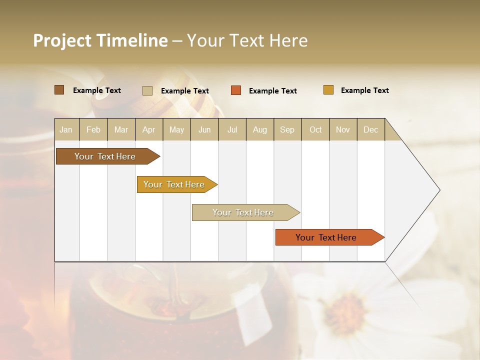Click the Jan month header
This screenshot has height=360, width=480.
(x=66, y=129)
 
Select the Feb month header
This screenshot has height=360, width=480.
(x=93, y=129)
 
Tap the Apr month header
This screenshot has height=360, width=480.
(x=148, y=129)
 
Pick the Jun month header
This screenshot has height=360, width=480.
(x=204, y=129)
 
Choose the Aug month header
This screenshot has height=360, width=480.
(x=259, y=129)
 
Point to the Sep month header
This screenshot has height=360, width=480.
(x=287, y=129)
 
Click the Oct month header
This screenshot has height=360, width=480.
(x=315, y=129)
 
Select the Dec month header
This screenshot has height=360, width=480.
(x=370, y=129)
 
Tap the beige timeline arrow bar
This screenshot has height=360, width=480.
(x=243, y=212)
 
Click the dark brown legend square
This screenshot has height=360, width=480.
(x=59, y=90)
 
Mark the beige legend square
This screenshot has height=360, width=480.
(x=147, y=90)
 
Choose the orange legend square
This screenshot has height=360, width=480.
(x=236, y=90)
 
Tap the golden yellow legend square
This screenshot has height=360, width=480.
(x=328, y=90)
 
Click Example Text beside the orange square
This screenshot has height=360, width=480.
(x=272, y=91)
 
